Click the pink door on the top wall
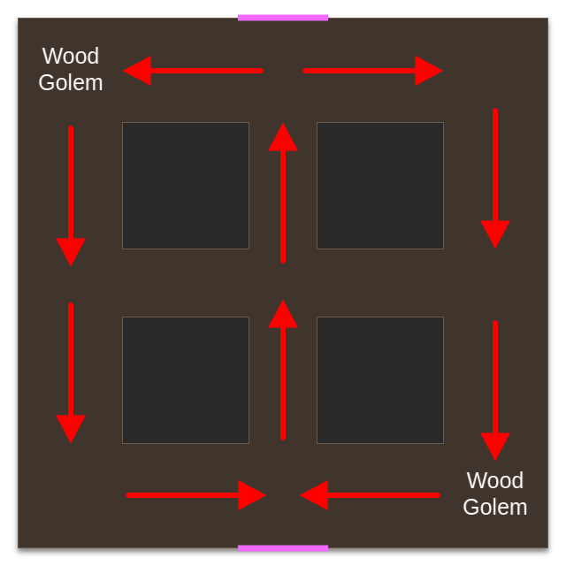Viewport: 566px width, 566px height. [x=283, y=17]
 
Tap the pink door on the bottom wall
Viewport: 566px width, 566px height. [x=283, y=548]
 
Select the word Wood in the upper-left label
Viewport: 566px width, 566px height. [x=71, y=56]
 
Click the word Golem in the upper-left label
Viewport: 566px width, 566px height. [x=71, y=82]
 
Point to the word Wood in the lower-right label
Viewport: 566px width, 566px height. [x=495, y=480]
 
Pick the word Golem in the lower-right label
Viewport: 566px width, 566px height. [x=495, y=507]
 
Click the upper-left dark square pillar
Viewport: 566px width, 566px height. [x=186, y=186]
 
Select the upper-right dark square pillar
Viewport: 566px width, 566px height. [x=380, y=186]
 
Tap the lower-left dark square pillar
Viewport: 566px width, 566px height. [x=186, y=380]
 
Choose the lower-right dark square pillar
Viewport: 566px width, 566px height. [x=380, y=380]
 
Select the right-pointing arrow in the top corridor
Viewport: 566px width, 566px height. [x=372, y=71]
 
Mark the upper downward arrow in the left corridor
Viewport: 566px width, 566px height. [x=71, y=195]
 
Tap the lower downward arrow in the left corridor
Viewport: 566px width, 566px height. [x=71, y=372]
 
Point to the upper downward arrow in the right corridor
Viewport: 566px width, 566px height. [x=495, y=178]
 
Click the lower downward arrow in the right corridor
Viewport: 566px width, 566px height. [x=495, y=390]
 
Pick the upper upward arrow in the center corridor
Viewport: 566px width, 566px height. [x=283, y=193]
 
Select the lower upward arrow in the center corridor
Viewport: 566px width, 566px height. [x=283, y=370]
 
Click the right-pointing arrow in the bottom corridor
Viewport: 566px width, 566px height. [x=195, y=495]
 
